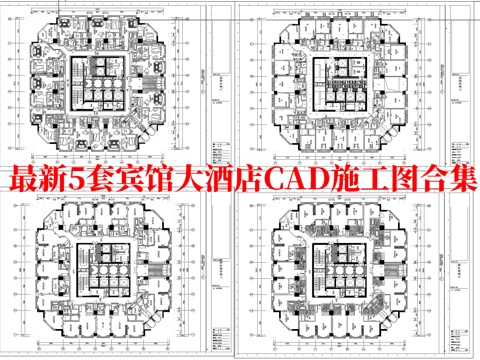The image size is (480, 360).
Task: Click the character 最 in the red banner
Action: click(22, 181)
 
